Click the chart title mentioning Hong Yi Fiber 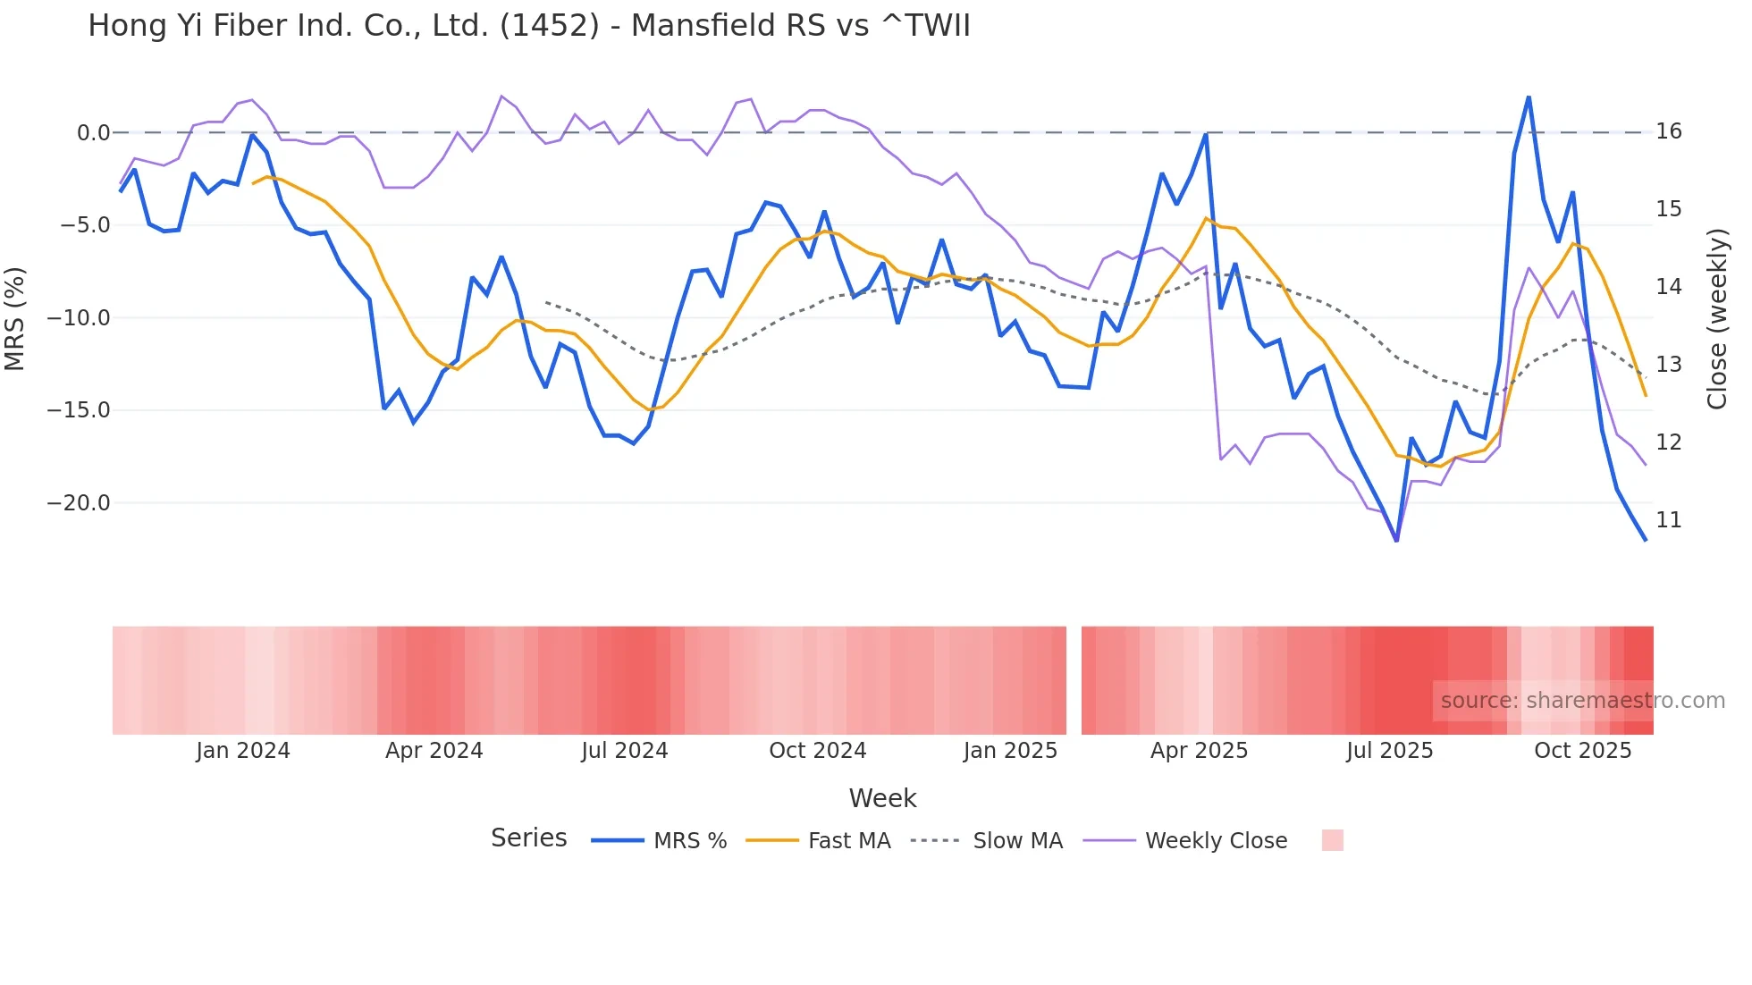point(528,26)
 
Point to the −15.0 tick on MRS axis point(79,410)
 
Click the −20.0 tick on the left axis point(79,503)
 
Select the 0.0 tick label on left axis point(93,133)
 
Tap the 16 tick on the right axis point(1668,131)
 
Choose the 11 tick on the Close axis point(1668,520)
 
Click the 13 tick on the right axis point(1668,365)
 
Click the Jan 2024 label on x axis point(243,751)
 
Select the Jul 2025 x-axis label point(1389,751)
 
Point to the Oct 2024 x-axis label point(817,751)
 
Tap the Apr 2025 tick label point(1199,751)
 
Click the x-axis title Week point(882,798)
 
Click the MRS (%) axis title point(15,319)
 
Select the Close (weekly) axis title point(1716,319)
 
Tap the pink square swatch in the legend point(1332,840)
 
